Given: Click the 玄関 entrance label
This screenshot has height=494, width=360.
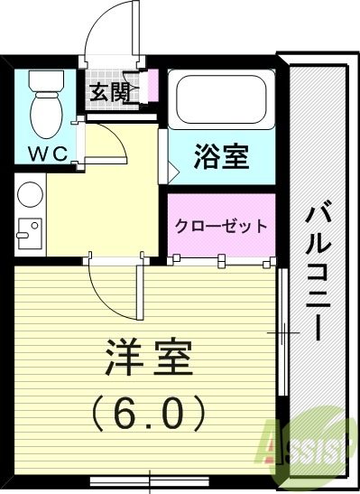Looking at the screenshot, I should click(x=106, y=91).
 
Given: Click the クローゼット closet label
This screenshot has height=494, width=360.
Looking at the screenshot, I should click(x=220, y=225).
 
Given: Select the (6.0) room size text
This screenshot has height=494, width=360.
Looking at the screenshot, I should click(x=150, y=415).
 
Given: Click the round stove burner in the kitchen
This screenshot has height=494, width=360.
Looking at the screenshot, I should click(x=29, y=194).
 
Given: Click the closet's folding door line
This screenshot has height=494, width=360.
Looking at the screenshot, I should click(x=222, y=261).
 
